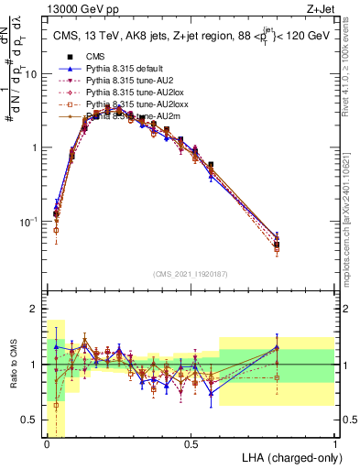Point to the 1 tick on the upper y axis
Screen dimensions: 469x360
coord(34,147)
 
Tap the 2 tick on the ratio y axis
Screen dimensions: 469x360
coord(34,309)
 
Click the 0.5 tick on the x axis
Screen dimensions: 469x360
coord(191,445)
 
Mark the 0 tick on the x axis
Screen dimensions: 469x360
coord(46,445)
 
